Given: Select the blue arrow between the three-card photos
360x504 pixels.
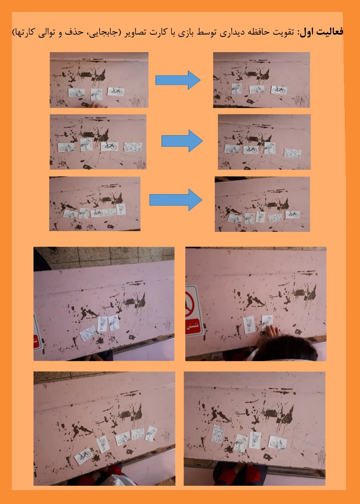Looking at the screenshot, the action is [178, 80].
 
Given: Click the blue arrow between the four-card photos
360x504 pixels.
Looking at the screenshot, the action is [182, 141].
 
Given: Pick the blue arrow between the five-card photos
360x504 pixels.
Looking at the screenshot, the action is [176, 200].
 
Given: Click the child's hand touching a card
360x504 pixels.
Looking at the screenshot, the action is [272, 333].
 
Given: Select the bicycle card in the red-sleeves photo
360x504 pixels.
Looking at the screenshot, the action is [84, 456].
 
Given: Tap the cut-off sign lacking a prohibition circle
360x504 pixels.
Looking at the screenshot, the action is [37, 334].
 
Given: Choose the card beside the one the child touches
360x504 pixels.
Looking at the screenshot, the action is [249, 325].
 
